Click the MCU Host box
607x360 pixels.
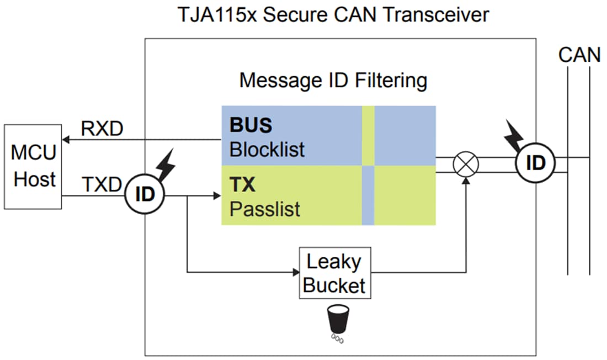point(34,167)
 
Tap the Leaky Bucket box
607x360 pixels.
point(334,273)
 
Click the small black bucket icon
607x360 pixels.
point(337,318)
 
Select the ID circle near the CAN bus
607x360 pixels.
point(535,163)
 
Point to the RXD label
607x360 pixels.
point(102,128)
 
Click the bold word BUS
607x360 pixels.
point(251,125)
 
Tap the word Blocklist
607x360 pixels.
point(267,150)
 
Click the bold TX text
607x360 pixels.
point(243,184)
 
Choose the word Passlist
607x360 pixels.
point(265,209)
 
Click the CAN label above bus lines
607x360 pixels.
point(579,55)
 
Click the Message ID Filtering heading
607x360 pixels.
point(333,81)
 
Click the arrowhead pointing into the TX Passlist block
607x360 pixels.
point(217,195)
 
